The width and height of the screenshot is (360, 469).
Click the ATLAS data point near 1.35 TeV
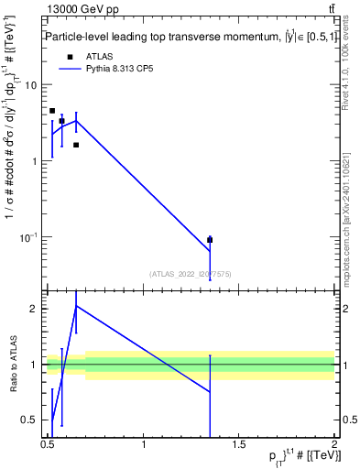click(211, 240)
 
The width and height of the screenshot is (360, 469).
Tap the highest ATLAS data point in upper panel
click(52, 111)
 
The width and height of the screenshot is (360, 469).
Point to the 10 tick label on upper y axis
click(30, 85)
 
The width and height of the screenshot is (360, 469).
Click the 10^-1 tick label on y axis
click(27, 237)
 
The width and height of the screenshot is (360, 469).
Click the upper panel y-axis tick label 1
click(34, 161)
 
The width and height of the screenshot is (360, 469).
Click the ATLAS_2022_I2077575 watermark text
click(191, 272)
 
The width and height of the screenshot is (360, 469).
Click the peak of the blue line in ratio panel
click(76, 306)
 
